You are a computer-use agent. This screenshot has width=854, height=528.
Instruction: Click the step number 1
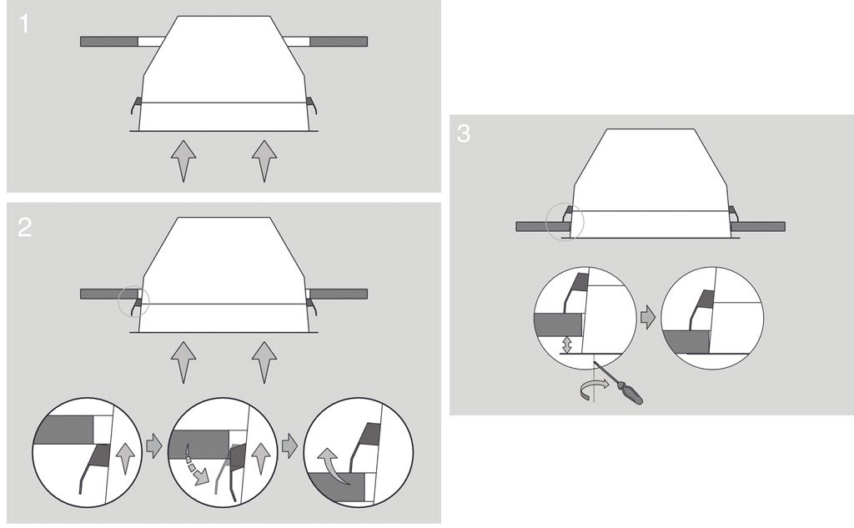[x=23, y=23]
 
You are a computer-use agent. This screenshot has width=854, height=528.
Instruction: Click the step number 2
[x=24, y=227]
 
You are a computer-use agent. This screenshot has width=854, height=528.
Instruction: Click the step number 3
[x=464, y=133]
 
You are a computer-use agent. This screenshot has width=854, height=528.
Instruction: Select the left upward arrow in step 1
[x=183, y=161]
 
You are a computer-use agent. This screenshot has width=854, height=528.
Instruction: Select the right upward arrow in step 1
[x=264, y=161]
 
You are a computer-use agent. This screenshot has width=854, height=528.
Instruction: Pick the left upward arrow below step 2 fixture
[x=183, y=362]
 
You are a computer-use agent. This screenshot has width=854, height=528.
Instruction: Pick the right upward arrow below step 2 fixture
[x=264, y=362]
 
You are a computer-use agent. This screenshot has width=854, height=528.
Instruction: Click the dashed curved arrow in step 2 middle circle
[x=197, y=466]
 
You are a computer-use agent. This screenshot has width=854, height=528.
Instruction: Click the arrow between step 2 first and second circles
[x=154, y=445]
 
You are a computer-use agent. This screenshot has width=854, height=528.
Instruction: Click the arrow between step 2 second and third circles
[x=289, y=445]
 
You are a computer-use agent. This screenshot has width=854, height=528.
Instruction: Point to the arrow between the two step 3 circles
[x=648, y=318]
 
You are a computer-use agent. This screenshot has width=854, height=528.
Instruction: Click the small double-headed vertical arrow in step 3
[x=567, y=344]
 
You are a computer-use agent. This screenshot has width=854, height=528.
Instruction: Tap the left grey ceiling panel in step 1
[x=109, y=42]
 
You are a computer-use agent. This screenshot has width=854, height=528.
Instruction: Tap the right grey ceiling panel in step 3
[x=757, y=226]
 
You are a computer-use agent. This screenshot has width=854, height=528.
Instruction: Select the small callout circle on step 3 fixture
[x=565, y=222]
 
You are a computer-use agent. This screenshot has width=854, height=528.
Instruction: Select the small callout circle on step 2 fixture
[x=133, y=301]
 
